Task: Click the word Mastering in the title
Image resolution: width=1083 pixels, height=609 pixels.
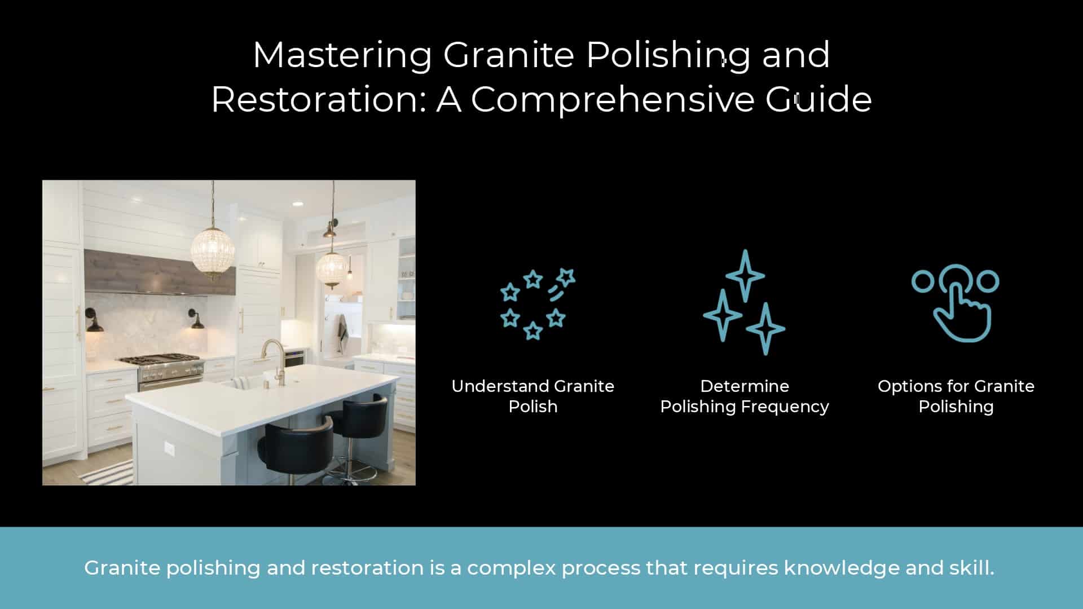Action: (342, 55)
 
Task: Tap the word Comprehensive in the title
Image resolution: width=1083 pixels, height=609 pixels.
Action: (612, 99)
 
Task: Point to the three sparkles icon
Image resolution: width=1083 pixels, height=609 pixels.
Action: (744, 302)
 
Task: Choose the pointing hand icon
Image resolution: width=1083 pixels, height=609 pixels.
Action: (956, 303)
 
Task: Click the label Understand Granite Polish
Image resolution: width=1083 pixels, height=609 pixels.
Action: (533, 396)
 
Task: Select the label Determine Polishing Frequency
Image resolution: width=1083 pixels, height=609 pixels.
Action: (745, 396)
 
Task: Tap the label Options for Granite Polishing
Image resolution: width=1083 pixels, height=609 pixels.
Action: (956, 396)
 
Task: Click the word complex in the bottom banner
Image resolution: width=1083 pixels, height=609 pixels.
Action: (510, 568)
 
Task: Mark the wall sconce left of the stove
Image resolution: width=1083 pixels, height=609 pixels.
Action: (94, 321)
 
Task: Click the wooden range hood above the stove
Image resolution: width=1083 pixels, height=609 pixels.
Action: (160, 272)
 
